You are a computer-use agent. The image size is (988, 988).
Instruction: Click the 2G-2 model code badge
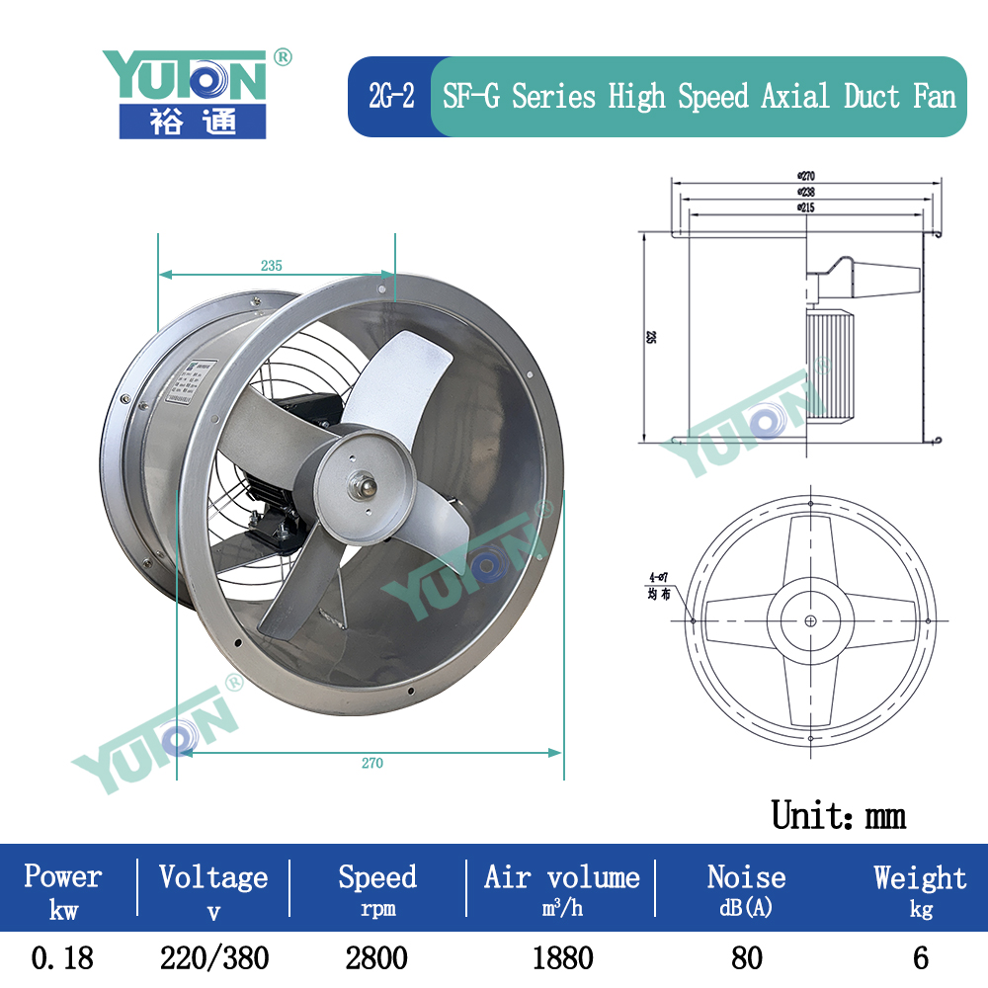(x=391, y=97)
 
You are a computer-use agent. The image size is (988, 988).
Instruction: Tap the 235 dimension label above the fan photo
(x=272, y=265)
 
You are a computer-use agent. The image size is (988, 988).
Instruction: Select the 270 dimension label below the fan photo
(x=371, y=763)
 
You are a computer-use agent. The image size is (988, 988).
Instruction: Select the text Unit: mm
(x=838, y=815)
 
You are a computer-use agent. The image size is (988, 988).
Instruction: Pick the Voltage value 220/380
(x=213, y=957)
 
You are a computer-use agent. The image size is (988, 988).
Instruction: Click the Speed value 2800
(x=376, y=957)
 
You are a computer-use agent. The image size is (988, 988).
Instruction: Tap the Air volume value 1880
(x=561, y=957)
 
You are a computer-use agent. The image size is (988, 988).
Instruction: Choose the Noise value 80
(x=747, y=957)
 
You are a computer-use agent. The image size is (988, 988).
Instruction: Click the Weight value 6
(x=920, y=957)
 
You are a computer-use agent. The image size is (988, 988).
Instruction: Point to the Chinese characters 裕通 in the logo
(x=193, y=122)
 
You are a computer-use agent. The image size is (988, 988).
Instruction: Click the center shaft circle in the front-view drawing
(x=810, y=620)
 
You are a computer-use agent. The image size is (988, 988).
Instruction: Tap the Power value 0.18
(x=63, y=957)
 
